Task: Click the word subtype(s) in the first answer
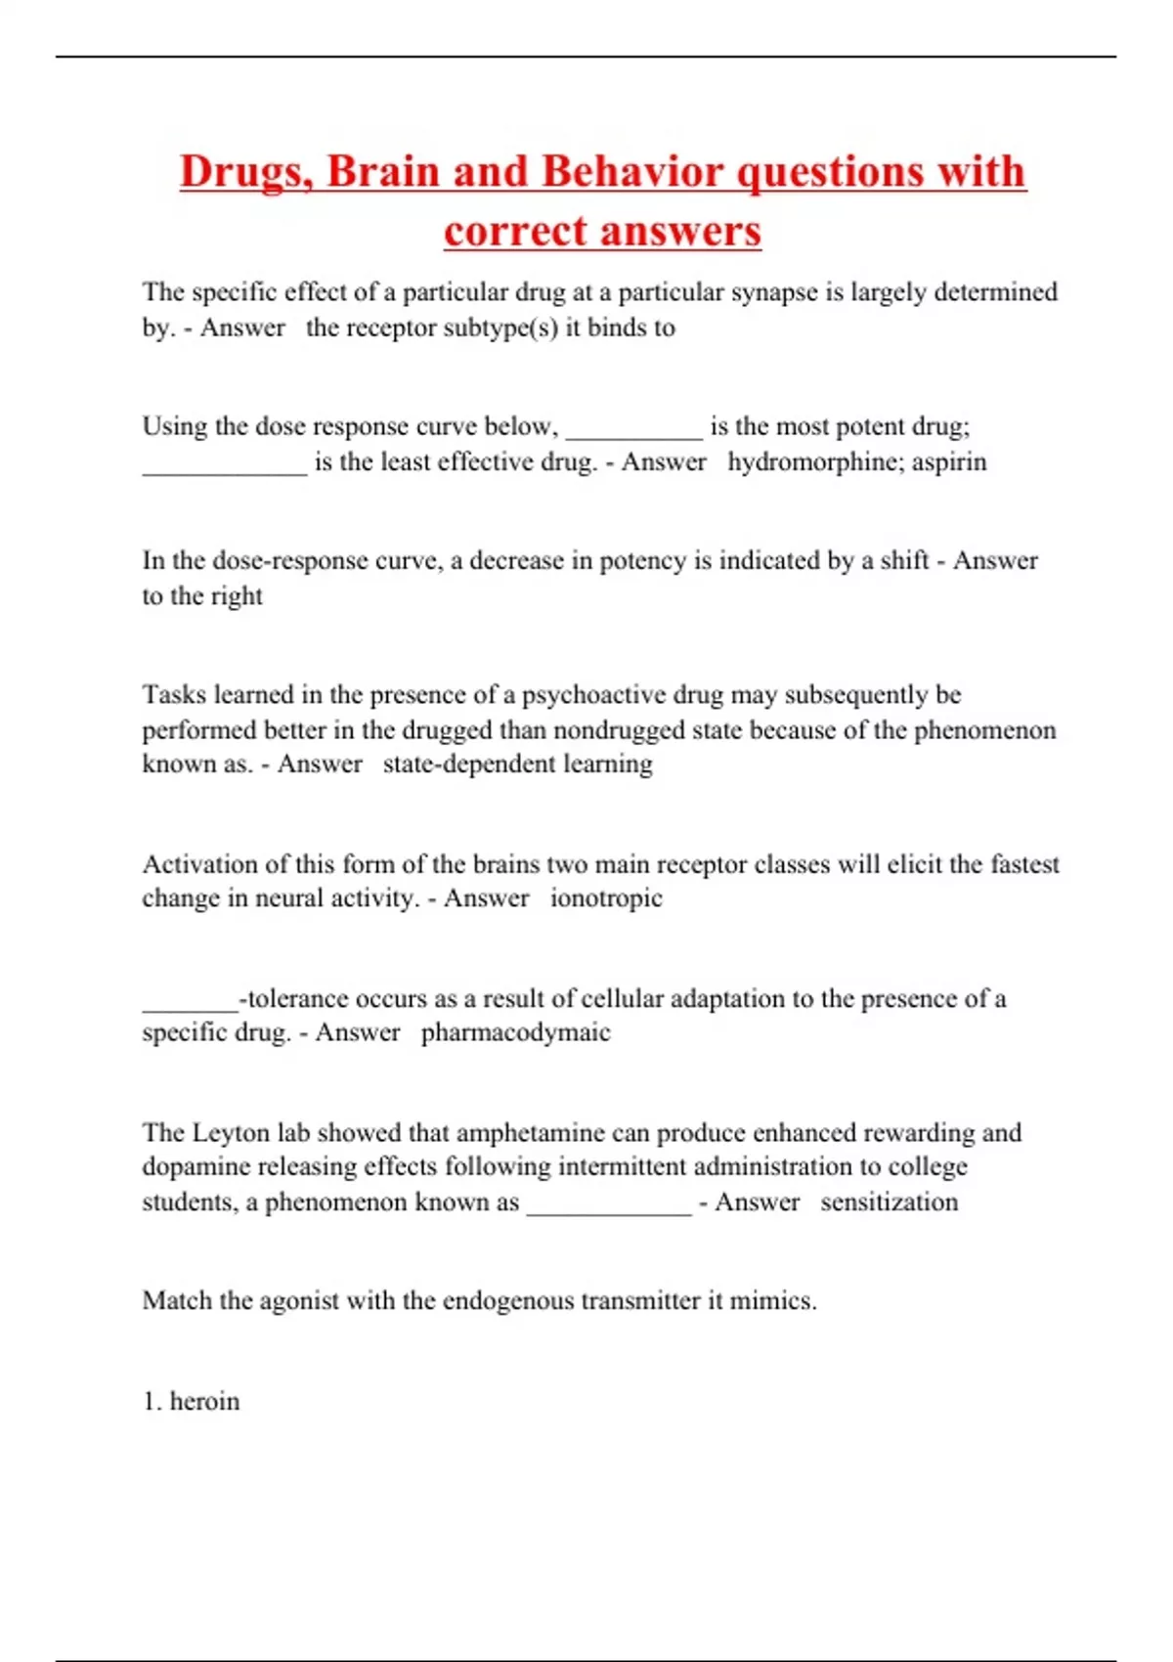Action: (x=500, y=328)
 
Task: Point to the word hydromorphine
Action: (x=815, y=461)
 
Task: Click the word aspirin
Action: (x=949, y=461)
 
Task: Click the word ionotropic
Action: (x=606, y=897)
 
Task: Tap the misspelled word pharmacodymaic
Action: (x=515, y=1032)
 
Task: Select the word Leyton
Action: (x=231, y=1132)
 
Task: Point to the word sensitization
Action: (x=889, y=1202)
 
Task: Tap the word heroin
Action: (x=204, y=1401)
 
